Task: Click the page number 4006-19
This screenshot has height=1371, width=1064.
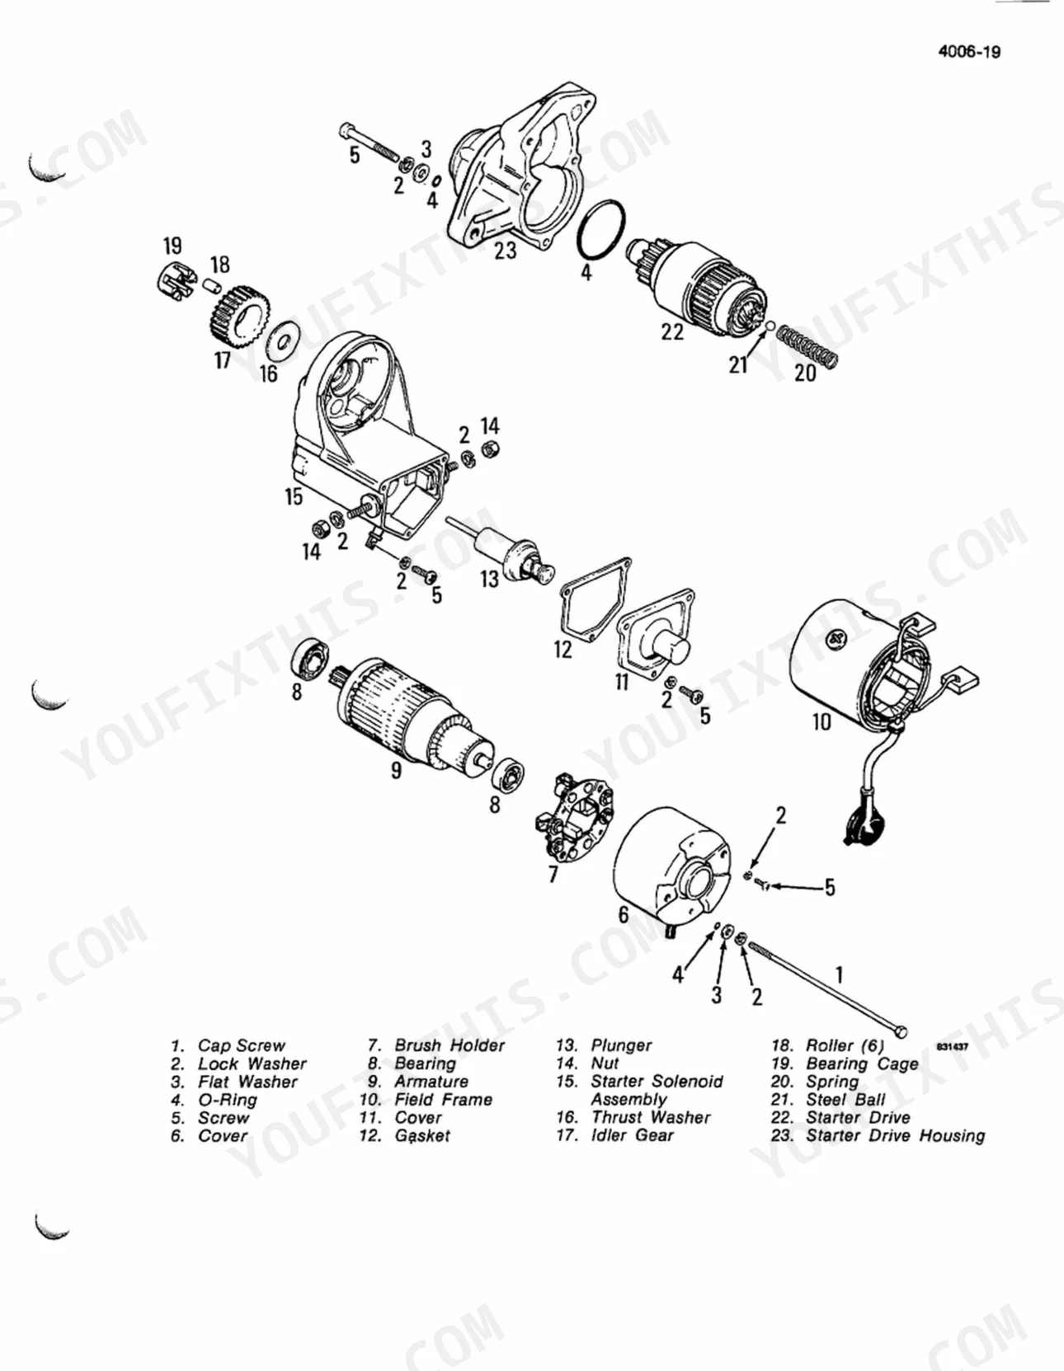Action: (x=968, y=52)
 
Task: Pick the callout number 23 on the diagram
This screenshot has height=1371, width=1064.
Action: (x=505, y=251)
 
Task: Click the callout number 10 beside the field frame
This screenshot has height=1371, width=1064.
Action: (x=821, y=722)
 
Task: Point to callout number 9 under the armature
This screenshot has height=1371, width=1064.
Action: (x=396, y=770)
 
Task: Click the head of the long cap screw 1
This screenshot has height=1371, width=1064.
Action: (x=901, y=1031)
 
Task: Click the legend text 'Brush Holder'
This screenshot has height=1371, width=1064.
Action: (x=450, y=1045)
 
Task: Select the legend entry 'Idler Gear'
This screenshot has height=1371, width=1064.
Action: (x=633, y=1135)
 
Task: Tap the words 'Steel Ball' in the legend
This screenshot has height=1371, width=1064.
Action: (x=845, y=1099)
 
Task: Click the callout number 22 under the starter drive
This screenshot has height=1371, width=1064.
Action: (x=671, y=331)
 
